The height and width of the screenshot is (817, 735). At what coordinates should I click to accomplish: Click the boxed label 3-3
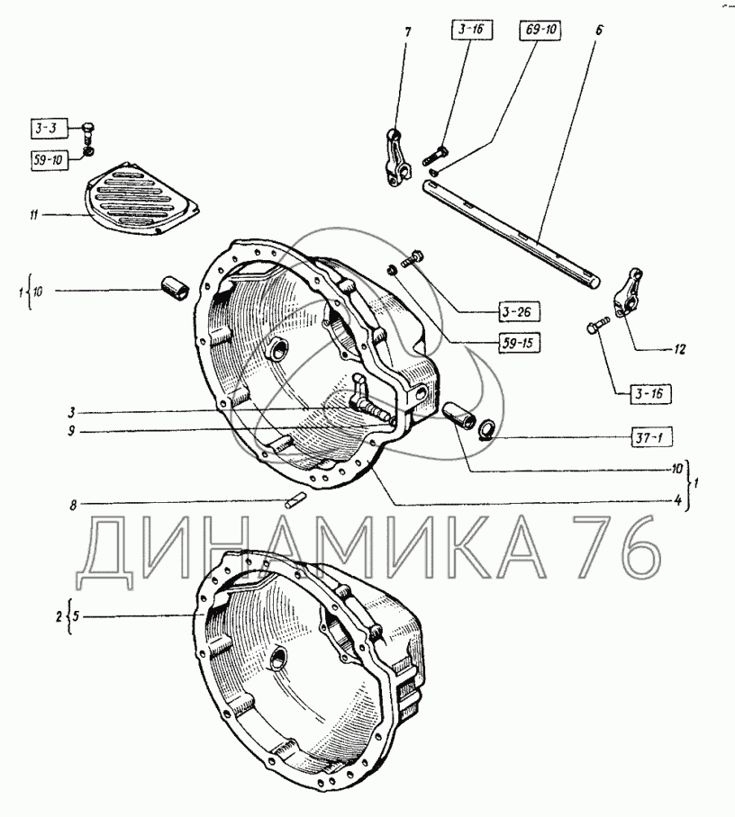pos(49,128)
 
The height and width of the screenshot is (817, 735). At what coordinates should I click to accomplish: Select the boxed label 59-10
pos(49,160)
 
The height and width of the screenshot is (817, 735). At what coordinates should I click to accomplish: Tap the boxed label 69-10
pos(540,29)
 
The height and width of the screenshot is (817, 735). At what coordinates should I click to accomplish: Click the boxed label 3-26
pos(518,312)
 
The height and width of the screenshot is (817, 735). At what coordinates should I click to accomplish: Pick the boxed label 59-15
pos(518,344)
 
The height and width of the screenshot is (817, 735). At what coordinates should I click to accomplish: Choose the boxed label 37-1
pos(650,437)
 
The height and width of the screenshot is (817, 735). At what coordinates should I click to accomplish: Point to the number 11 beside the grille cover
pos(34,215)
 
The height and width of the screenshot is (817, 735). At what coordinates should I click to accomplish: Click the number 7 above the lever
pos(407,32)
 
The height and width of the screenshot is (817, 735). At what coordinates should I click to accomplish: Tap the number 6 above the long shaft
pos(598,30)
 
